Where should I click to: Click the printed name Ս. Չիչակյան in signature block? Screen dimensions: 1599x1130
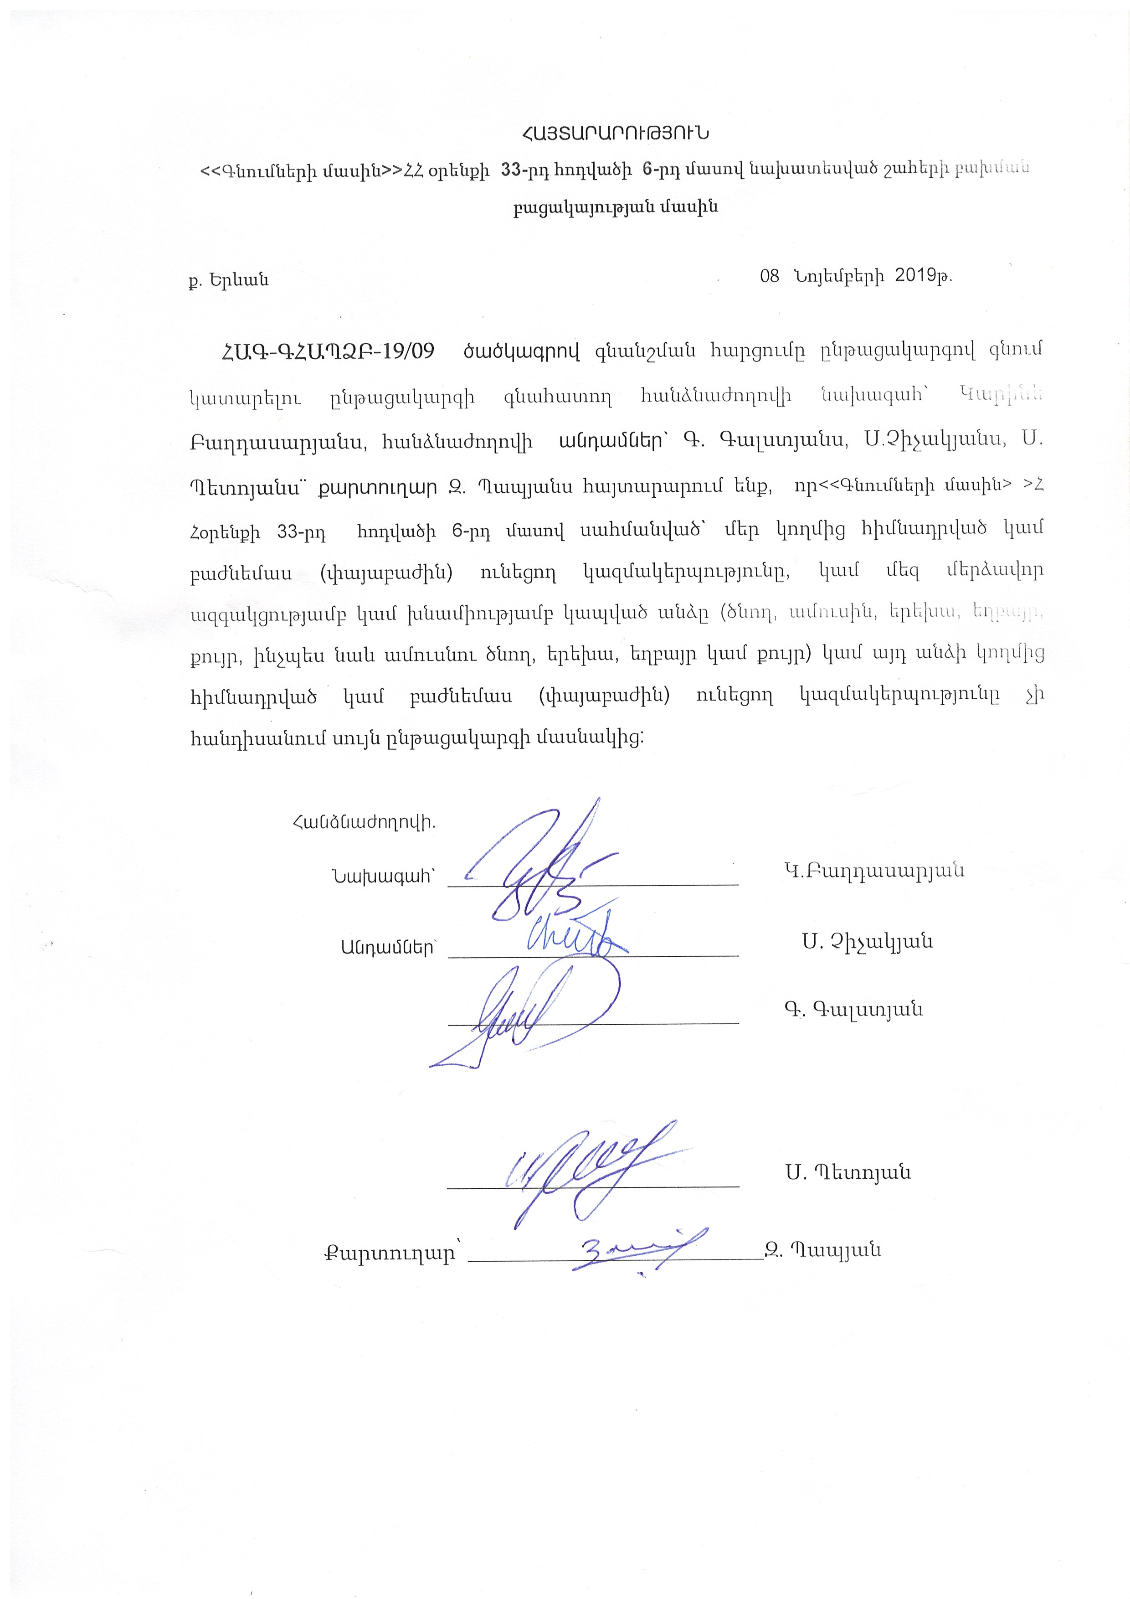coord(867,942)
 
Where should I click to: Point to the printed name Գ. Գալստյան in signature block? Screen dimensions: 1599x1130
coord(853,1009)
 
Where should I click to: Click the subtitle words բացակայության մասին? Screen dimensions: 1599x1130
coord(616,207)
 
